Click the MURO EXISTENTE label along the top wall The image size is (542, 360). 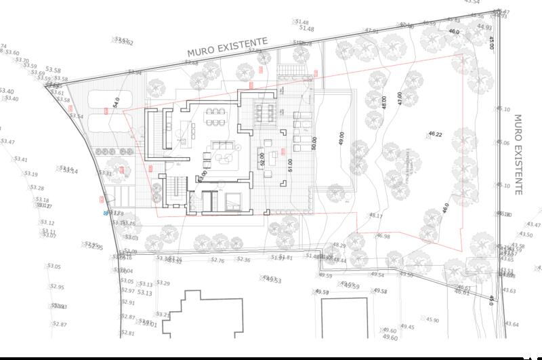point(227,45)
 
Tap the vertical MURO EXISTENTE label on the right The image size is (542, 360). point(518,154)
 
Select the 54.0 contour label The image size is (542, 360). point(117,102)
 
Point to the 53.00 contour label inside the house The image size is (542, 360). point(202,175)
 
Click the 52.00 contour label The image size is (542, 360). point(262,160)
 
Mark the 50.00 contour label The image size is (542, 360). point(314,143)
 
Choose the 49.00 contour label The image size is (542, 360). point(341,138)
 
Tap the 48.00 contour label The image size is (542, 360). point(384,102)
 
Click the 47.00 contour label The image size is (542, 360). point(400,98)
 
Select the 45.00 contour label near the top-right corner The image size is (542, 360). point(492,42)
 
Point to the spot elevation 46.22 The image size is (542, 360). point(435,135)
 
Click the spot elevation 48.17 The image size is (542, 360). point(376,216)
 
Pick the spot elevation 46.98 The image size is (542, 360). point(383,237)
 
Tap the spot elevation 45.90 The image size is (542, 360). point(432,320)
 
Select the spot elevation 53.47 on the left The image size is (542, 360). point(7,142)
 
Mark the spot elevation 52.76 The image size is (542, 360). point(217,260)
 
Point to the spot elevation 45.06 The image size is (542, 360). point(502,143)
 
